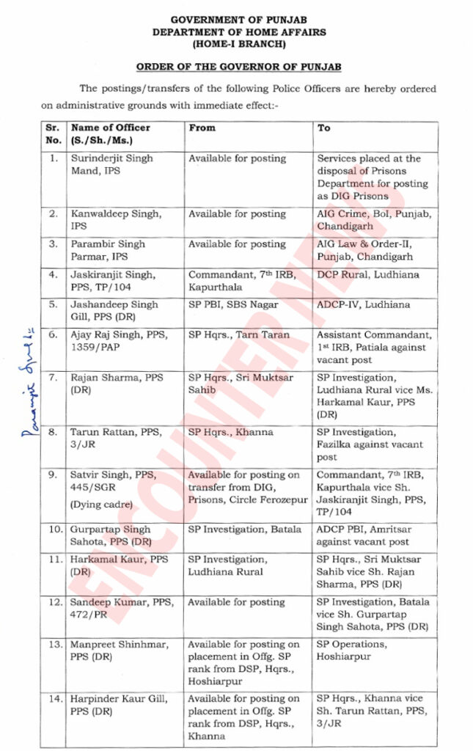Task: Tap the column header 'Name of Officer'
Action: [x=111, y=128]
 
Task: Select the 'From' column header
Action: [x=202, y=128]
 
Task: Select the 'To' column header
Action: [x=324, y=128]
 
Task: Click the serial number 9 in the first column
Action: [x=53, y=475]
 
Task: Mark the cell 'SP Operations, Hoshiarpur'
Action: [x=353, y=651]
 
